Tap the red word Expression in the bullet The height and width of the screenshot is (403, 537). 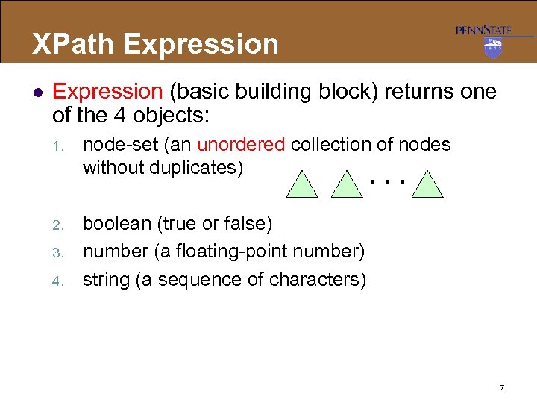107,92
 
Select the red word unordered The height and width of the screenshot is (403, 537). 242,144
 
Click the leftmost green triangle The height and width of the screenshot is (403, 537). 302,185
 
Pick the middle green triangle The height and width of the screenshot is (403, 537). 347,185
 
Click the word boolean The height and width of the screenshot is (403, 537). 113,223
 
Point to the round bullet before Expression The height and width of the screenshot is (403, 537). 37,93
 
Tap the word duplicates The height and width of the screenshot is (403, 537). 198,167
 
